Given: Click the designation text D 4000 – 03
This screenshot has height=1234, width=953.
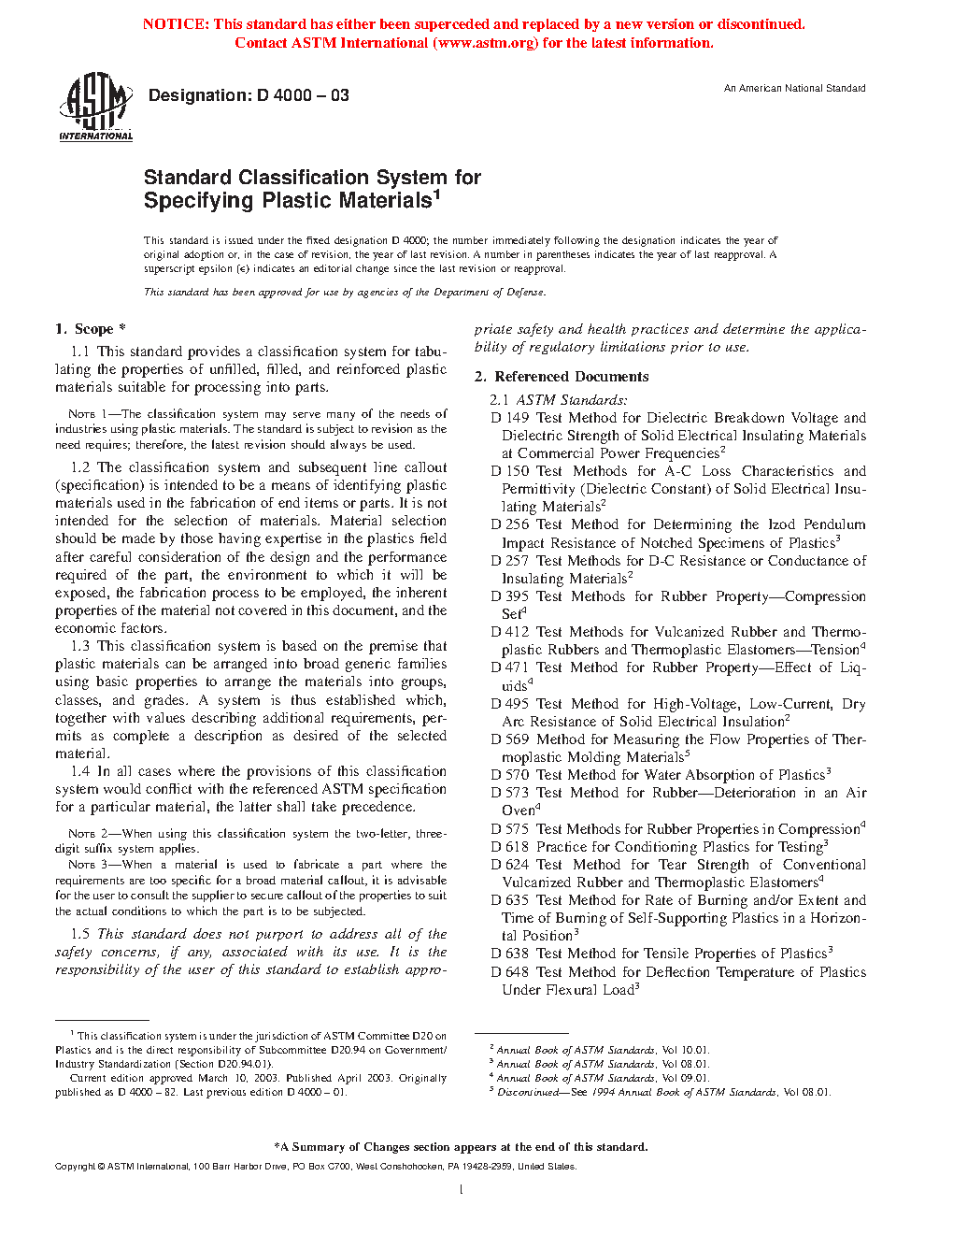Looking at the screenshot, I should (x=249, y=95).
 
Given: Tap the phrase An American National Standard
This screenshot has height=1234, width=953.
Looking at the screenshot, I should (x=794, y=88).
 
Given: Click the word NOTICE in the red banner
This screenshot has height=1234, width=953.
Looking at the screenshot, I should (x=175, y=24).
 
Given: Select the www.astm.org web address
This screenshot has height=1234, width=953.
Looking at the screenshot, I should (x=486, y=43).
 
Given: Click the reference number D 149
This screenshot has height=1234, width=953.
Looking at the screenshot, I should (x=510, y=418).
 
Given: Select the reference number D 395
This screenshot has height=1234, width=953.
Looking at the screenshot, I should (x=510, y=596).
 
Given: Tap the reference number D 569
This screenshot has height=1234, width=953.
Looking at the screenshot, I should (x=510, y=739).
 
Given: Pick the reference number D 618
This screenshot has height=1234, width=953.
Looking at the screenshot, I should (x=510, y=847).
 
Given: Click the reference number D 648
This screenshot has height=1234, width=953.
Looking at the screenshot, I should (x=510, y=972).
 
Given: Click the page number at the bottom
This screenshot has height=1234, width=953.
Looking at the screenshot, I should (x=462, y=1189).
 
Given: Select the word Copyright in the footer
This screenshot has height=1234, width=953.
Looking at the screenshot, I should (x=76, y=1167).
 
